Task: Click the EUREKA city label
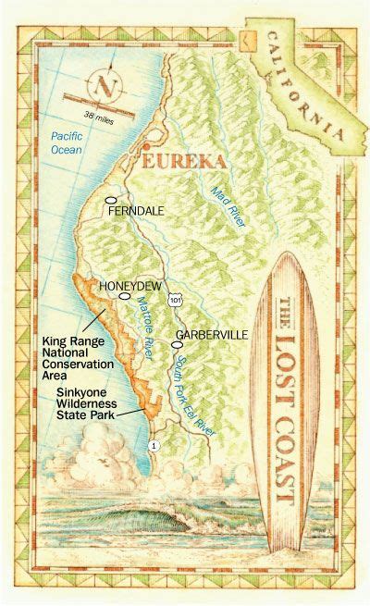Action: [182, 161]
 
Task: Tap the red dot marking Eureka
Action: [144, 148]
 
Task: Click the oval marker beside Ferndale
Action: [110, 199]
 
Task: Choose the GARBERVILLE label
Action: [210, 333]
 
